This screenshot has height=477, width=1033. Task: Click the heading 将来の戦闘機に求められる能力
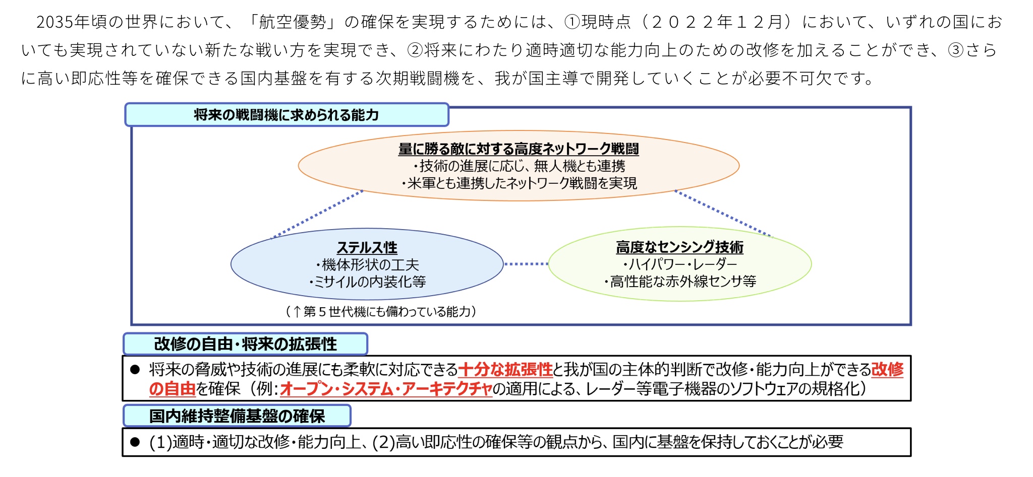click(286, 115)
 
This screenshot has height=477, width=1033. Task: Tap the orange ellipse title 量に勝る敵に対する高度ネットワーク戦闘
click(518, 149)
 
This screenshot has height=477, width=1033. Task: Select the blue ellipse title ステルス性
click(367, 248)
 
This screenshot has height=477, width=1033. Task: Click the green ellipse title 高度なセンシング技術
click(679, 247)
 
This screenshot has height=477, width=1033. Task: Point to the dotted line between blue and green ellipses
click(526, 264)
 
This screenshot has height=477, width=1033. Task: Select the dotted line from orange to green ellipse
click(723, 213)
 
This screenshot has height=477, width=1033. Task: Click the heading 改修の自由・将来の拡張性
click(245, 344)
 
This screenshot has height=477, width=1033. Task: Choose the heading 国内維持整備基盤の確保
click(237, 416)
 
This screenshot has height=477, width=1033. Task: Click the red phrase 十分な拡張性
click(505, 370)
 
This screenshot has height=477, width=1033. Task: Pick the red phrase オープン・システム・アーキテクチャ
click(386, 389)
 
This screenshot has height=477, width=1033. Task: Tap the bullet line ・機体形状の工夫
click(367, 265)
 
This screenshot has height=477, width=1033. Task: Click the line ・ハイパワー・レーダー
click(679, 264)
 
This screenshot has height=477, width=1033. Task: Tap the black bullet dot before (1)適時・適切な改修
click(135, 442)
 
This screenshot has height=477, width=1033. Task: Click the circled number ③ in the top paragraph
click(955, 50)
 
